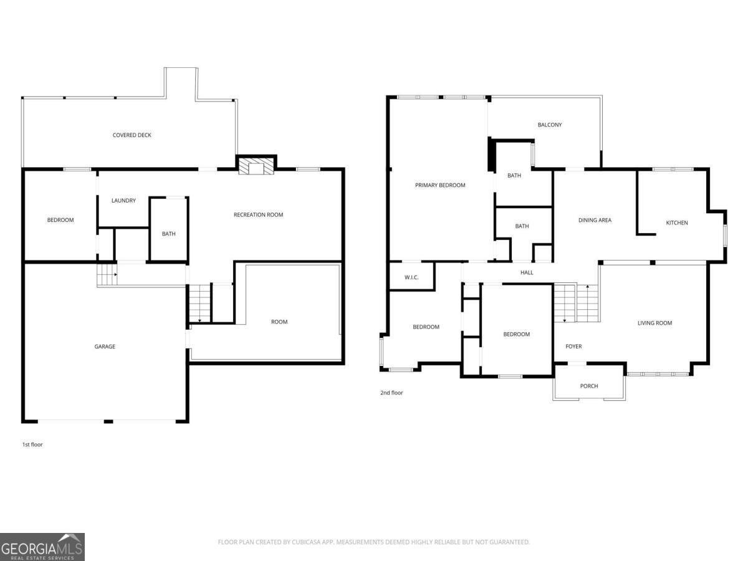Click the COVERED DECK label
tap(132, 135)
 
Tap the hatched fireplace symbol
tap(256, 166)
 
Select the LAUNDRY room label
tap(123, 201)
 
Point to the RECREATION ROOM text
tap(258, 215)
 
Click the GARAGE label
tap(105, 347)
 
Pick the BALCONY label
tap(550, 125)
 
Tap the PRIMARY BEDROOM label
tap(440, 185)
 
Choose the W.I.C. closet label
tap(411, 277)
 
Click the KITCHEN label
tap(677, 223)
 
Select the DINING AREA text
tap(595, 221)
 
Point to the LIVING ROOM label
tap(654, 323)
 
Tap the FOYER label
tap(573, 347)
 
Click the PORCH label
tap(589, 386)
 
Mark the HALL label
tap(527, 272)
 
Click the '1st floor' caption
tap(32, 444)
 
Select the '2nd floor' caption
tap(391, 393)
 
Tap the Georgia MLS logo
tap(42, 547)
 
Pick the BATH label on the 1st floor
tap(169, 234)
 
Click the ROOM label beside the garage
tap(279, 322)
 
